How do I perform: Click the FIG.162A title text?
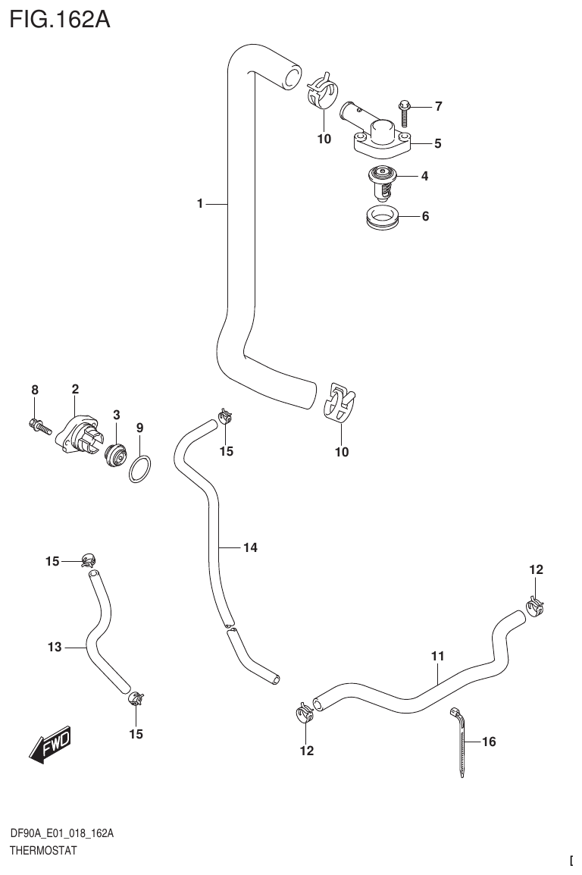(x=59, y=19)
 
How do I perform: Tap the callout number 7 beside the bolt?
(x=438, y=106)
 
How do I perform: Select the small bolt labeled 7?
(x=402, y=112)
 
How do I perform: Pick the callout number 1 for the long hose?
(x=200, y=203)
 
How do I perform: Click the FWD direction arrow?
(x=50, y=745)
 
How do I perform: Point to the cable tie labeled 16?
(x=461, y=748)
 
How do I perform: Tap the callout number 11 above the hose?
(x=437, y=655)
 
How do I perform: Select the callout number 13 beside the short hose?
(x=54, y=647)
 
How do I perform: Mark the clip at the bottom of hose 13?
(x=136, y=698)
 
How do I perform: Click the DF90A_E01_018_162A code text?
(x=62, y=833)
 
